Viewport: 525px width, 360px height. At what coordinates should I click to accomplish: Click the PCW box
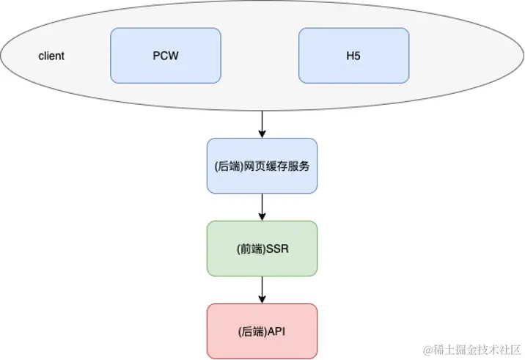point(165,55)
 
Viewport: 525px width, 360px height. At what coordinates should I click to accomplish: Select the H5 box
point(353,55)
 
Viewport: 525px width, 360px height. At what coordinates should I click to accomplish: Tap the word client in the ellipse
point(51,56)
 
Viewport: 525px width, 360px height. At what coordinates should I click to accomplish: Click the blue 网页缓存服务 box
point(262,166)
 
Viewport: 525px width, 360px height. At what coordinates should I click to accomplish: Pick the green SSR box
point(262,249)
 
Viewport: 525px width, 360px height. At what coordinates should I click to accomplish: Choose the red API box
point(262,331)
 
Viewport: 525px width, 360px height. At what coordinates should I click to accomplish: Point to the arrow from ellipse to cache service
point(262,123)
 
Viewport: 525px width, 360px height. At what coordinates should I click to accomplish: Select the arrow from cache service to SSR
point(262,207)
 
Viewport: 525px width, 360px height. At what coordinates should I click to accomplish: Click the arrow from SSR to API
point(262,290)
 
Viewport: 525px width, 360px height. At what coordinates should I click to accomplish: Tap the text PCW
point(165,56)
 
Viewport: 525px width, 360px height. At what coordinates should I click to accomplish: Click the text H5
point(353,56)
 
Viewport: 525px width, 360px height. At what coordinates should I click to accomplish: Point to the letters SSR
point(277,249)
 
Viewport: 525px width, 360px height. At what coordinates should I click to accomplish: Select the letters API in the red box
point(276,332)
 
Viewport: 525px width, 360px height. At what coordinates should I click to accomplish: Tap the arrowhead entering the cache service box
point(262,133)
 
